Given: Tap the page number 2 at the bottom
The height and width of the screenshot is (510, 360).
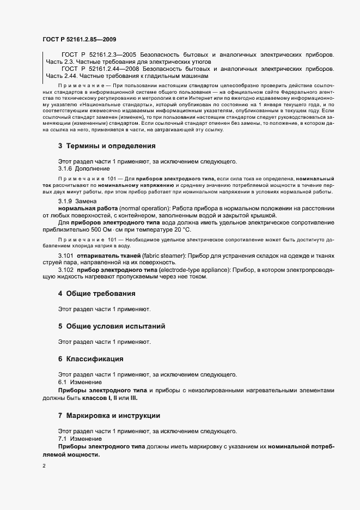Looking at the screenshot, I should (45, 466).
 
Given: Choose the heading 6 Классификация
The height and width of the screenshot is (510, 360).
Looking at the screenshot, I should (91, 359).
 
